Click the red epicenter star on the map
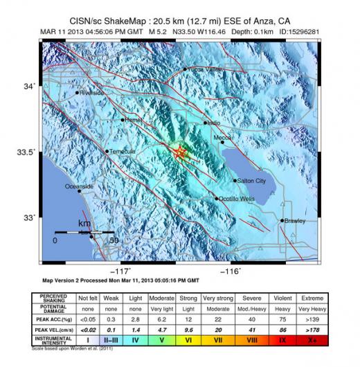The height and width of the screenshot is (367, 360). (180, 152)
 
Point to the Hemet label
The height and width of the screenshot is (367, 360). (132, 119)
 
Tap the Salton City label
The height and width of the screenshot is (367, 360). (251, 181)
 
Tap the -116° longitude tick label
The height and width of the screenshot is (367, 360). (231, 271)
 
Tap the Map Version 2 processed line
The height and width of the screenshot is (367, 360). (120, 281)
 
